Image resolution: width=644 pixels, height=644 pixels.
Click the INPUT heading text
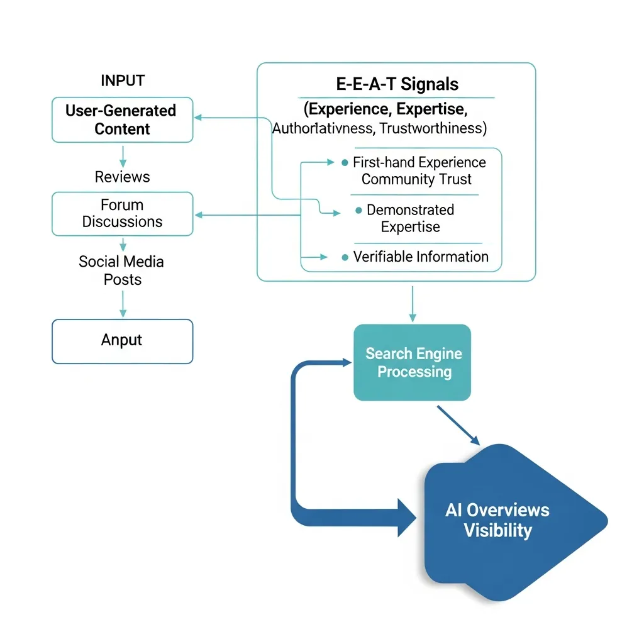123,80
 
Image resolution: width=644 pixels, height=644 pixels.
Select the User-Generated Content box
123,119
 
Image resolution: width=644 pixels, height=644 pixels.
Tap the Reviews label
123,177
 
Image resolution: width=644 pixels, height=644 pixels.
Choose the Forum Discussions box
123,214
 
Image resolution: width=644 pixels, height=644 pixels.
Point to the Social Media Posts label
122,270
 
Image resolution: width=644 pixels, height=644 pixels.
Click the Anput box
123,341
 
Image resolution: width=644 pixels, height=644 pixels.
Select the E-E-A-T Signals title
396,84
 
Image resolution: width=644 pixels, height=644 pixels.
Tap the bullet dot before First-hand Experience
344,162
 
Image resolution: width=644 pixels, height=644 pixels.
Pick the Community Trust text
416,179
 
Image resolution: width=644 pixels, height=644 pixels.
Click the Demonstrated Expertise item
410,218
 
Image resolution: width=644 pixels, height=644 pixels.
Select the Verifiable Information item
420,257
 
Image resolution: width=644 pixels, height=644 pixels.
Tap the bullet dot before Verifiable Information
345,257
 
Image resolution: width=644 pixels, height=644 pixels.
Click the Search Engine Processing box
413,362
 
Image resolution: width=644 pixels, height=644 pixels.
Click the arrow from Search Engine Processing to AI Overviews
459,426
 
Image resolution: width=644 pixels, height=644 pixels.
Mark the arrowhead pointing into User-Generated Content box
198,118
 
